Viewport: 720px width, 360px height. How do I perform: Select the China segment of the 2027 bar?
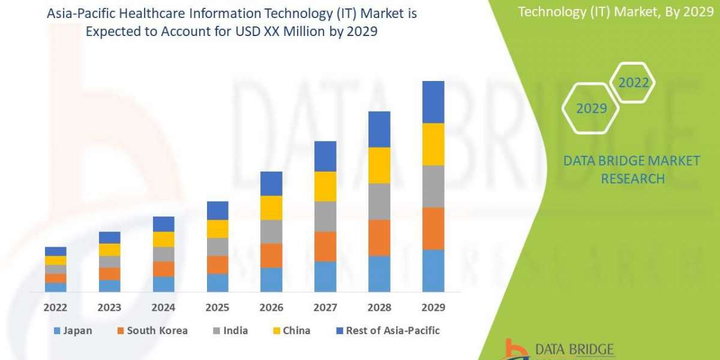click(x=325, y=186)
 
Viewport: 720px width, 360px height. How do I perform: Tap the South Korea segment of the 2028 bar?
click(x=379, y=238)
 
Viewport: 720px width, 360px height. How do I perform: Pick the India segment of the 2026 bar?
click(x=271, y=231)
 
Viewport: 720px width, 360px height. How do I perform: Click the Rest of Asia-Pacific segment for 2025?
click(x=218, y=210)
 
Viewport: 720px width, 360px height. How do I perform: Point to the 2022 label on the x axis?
click(x=56, y=308)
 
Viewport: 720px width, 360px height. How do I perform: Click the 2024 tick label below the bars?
click(x=163, y=308)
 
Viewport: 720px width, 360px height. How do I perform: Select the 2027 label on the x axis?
click(x=325, y=308)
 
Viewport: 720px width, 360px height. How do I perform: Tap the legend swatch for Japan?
click(x=57, y=331)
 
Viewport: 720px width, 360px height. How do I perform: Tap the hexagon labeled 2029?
click(x=591, y=109)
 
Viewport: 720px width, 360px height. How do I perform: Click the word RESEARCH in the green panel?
click(x=632, y=179)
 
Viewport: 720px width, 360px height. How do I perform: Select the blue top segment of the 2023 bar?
click(x=110, y=238)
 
